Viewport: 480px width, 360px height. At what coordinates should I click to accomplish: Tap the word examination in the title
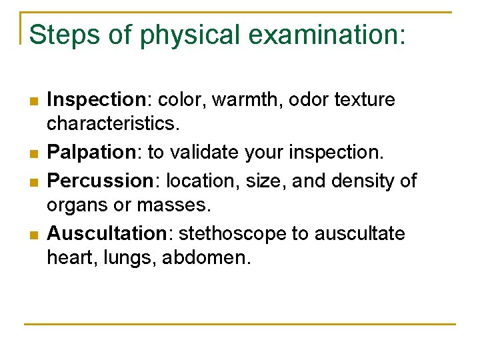(x=313, y=34)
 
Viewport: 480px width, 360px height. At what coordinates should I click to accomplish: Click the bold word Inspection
(x=95, y=100)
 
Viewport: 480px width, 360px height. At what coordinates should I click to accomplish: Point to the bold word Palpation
(x=91, y=153)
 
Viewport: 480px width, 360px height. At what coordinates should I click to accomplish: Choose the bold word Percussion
(x=100, y=180)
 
